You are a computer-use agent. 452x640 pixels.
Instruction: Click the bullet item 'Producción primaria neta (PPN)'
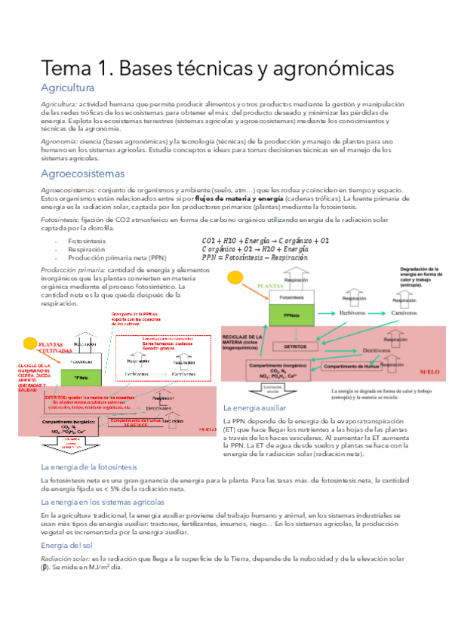pyautogui.click(x=116, y=257)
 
